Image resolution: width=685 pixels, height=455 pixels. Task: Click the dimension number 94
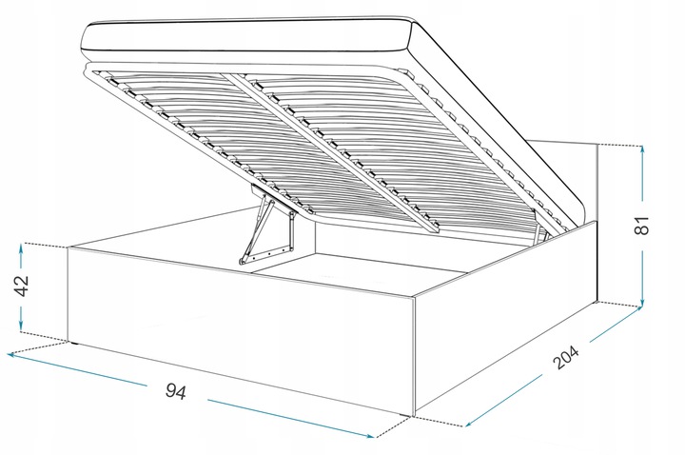(x=176, y=391)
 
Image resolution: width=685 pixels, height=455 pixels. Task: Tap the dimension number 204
(x=566, y=358)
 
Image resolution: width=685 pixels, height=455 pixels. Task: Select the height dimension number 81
(x=641, y=226)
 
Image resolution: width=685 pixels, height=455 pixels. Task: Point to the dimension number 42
(x=21, y=286)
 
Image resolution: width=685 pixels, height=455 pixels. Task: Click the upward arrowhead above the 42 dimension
(x=21, y=248)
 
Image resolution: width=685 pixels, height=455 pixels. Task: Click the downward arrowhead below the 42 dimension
(x=21, y=326)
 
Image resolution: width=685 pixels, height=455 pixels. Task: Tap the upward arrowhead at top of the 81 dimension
(x=642, y=150)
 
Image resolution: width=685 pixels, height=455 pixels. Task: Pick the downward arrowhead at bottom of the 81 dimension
(x=642, y=302)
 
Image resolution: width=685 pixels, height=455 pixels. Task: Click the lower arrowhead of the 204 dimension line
(x=470, y=423)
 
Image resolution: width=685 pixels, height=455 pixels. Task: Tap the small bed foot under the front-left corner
(x=75, y=344)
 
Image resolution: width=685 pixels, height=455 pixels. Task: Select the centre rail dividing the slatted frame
(x=332, y=149)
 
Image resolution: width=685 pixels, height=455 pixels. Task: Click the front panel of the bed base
(x=241, y=330)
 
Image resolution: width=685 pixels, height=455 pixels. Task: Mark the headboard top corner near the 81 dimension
(x=597, y=145)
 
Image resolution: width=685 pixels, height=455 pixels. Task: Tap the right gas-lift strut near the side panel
(x=540, y=227)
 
